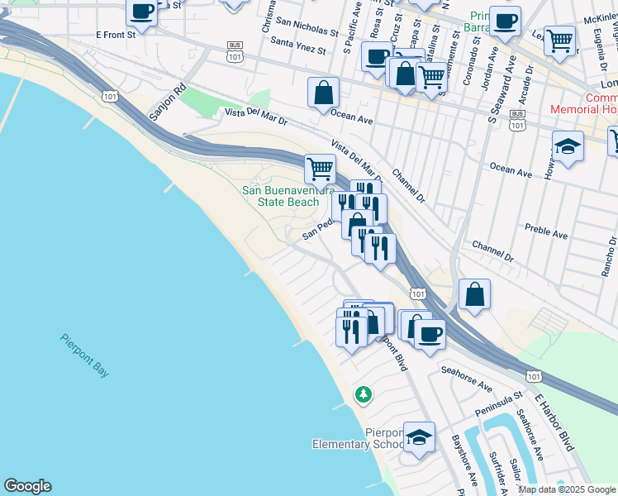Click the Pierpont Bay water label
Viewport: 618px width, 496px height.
[x=83, y=355]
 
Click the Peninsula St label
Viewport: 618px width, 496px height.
[x=499, y=405]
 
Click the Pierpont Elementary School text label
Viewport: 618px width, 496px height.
[x=359, y=438]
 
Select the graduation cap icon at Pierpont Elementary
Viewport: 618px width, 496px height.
[x=420, y=436]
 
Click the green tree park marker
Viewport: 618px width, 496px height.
[x=363, y=394]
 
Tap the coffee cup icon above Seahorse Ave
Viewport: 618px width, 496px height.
[x=429, y=334]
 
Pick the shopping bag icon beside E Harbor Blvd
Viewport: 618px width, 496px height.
[x=475, y=294]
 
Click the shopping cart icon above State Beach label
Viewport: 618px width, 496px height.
[x=320, y=169]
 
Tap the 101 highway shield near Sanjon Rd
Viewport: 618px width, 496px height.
[x=110, y=98]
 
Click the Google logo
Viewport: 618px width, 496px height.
[x=27, y=486]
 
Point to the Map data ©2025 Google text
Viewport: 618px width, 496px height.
[x=567, y=489]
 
